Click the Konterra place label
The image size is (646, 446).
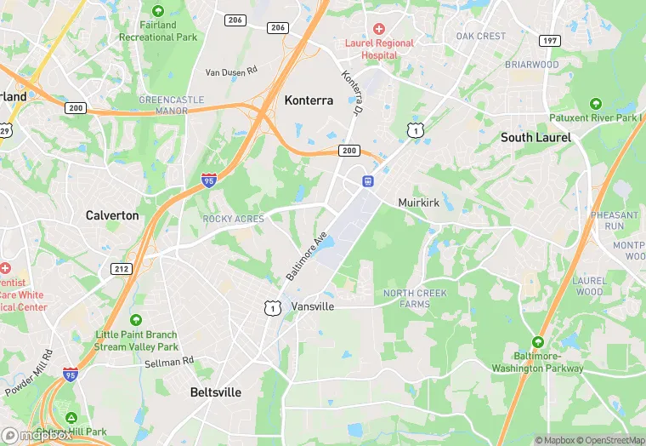coord(309,100)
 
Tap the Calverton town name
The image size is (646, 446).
coord(112,215)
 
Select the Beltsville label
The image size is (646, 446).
coord(215,392)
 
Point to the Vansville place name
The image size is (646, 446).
coord(313,306)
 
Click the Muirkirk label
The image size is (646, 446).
coord(419,203)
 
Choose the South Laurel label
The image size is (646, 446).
coord(535,137)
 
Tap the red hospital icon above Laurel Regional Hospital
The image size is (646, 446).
coord(379,29)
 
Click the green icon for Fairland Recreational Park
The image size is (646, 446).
coord(157,10)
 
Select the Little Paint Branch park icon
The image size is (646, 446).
coord(136,320)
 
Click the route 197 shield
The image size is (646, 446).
coord(551,41)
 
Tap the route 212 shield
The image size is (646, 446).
coord(122,268)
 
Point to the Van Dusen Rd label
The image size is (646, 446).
coord(229,71)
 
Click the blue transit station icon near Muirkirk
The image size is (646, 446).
coord(368,180)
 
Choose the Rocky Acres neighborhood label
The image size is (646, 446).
coord(234,219)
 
